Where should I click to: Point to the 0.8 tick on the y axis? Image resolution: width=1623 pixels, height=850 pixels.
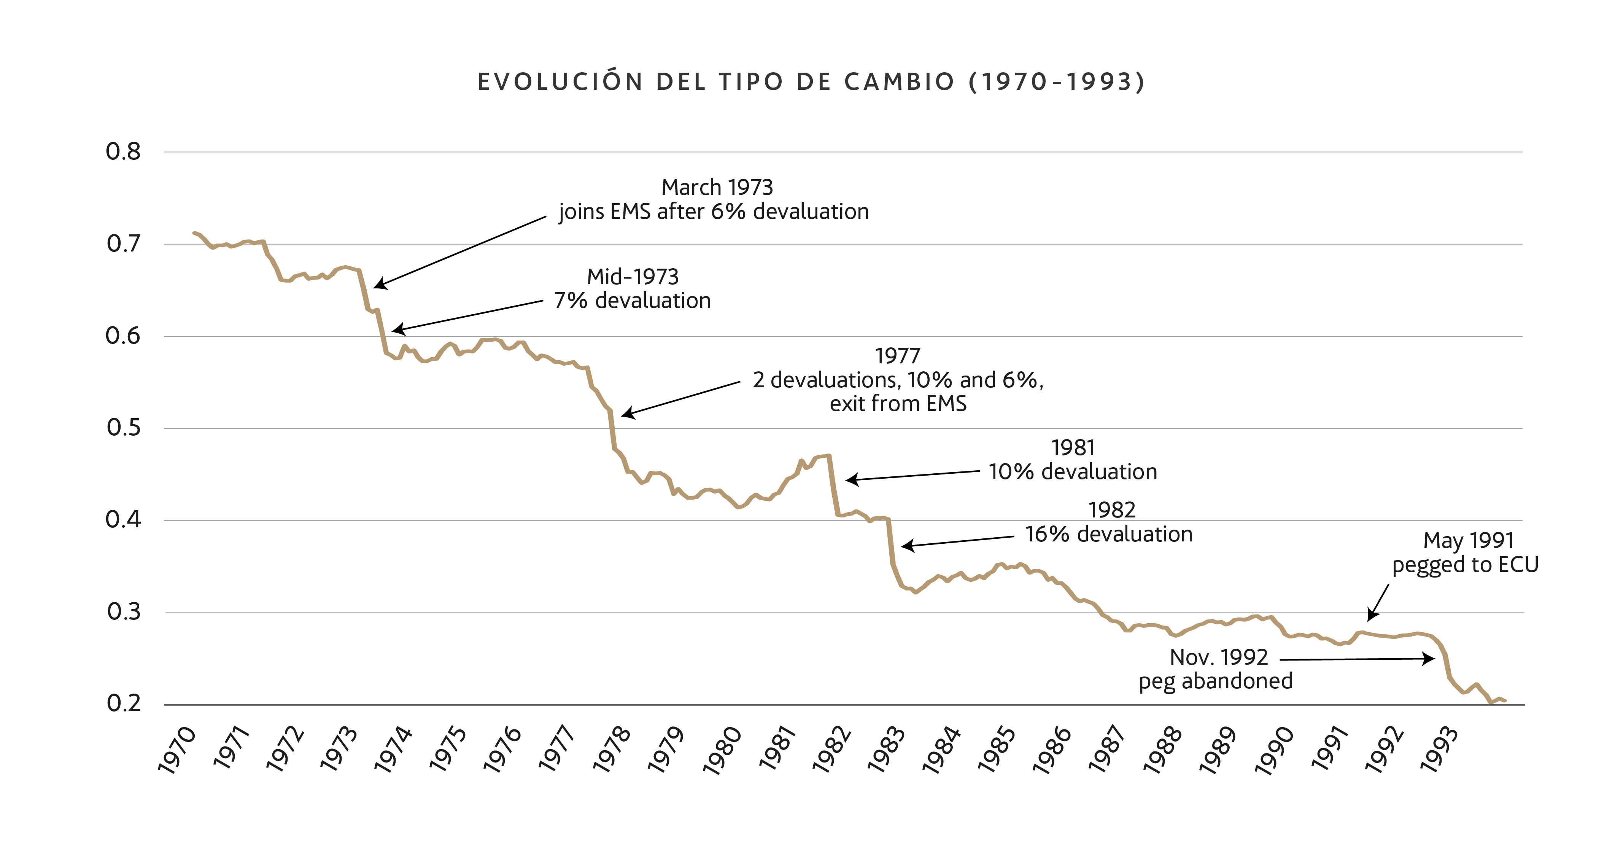124,152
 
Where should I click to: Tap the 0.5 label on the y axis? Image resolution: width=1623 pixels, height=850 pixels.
124,428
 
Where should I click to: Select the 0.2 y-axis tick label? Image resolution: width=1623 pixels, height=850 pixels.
124,703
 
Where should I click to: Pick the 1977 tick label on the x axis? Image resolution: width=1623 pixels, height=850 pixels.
557,750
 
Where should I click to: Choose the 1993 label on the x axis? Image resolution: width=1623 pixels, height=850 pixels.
1439,750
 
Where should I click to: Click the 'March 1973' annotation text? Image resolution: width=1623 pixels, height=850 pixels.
717,187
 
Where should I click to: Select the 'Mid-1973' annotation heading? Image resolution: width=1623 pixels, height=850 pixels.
633,277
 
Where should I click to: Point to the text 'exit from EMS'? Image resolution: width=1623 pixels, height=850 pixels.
898,403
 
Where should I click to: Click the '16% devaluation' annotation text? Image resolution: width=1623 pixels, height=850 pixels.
1109,534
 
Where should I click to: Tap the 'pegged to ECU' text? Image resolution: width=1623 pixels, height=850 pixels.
1466,565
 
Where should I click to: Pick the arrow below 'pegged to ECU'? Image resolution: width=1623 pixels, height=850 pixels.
1378,603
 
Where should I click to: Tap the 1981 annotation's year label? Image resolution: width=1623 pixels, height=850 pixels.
1073,448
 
